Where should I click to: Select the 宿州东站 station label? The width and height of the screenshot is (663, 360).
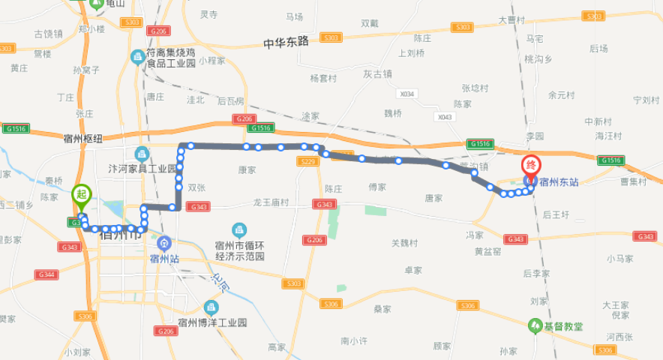click(559, 182)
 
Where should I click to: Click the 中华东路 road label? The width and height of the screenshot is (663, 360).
click(286, 43)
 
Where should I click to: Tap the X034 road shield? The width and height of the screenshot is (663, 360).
click(407, 94)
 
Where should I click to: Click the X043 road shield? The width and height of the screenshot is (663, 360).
click(445, 117)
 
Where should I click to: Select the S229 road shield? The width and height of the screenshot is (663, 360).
click(306, 161)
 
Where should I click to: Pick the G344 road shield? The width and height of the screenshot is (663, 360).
click(46, 275)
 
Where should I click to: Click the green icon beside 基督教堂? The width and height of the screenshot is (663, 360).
click(535, 325)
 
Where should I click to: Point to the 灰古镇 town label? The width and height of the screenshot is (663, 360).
click(378, 74)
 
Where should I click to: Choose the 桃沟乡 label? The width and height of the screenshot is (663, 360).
click(538, 58)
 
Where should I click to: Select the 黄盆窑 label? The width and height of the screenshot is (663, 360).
click(487, 251)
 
